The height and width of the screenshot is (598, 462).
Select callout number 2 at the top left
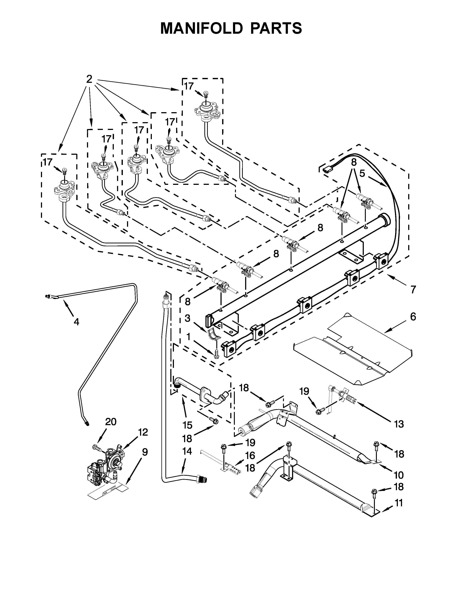pos(89,79)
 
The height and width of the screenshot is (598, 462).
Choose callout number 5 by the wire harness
pos(362,173)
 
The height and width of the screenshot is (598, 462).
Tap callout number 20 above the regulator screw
pos(111,422)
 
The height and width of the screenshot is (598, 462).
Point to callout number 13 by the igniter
pos(399,424)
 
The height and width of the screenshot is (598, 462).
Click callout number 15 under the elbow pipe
pos(188,425)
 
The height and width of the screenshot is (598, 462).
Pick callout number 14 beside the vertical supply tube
pos(187,451)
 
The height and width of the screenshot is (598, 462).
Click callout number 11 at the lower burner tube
pos(399,503)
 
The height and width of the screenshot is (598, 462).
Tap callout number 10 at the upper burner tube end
pos(399,475)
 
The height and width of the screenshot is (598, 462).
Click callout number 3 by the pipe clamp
pos(188,318)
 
